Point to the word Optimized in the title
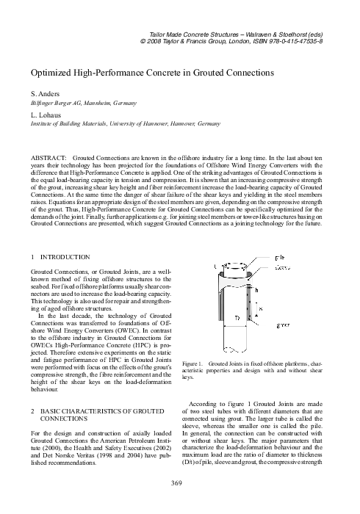point(51,74)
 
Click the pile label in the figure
point(279,257)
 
